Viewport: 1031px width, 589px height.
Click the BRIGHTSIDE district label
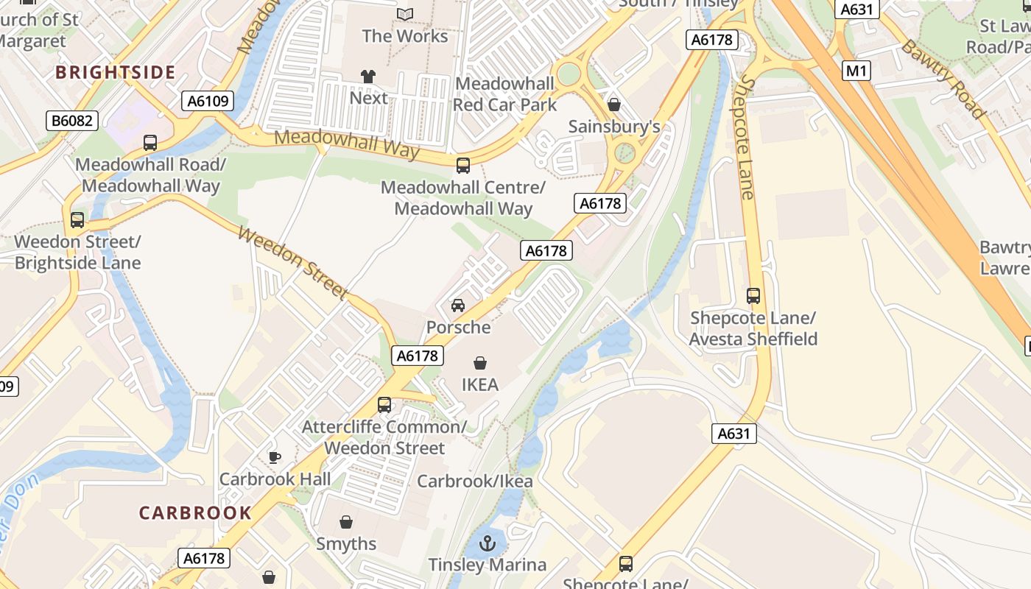pyautogui.click(x=116, y=72)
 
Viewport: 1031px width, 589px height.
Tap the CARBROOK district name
pyautogui.click(x=195, y=513)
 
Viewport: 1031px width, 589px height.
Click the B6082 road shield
pyautogui.click(x=72, y=121)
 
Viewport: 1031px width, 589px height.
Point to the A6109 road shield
pyautogui.click(x=208, y=101)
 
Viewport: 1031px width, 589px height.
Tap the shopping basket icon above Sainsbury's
pyautogui.click(x=614, y=105)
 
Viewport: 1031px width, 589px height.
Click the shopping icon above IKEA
pyautogui.click(x=480, y=363)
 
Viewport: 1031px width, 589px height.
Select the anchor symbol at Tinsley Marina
pyautogui.click(x=487, y=544)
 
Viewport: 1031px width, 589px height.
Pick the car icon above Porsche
pyautogui.click(x=458, y=306)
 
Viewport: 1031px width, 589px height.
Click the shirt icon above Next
pyautogui.click(x=368, y=77)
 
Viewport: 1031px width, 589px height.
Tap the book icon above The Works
pyautogui.click(x=405, y=14)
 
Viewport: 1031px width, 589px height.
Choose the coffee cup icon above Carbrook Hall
pyautogui.click(x=275, y=457)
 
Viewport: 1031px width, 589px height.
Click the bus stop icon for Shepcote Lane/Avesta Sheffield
pyautogui.click(x=753, y=296)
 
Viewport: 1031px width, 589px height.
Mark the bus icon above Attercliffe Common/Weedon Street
pyautogui.click(x=384, y=404)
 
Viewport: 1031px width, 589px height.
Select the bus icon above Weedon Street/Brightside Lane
pyautogui.click(x=77, y=219)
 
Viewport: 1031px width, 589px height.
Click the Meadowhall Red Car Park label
pyautogui.click(x=504, y=94)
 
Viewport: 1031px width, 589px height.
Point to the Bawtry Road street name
pyautogui.click(x=943, y=79)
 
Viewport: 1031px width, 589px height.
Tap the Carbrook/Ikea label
pyautogui.click(x=475, y=482)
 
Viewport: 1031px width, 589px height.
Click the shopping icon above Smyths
pyautogui.click(x=346, y=522)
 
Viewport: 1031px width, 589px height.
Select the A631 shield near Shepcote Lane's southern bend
pyautogui.click(x=735, y=434)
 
